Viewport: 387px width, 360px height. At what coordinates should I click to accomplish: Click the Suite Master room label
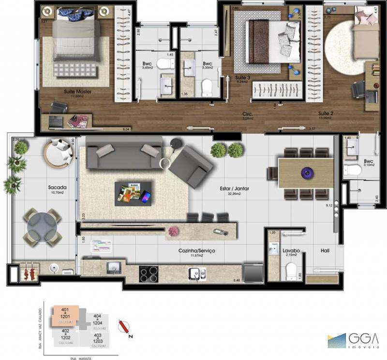[x=78, y=91]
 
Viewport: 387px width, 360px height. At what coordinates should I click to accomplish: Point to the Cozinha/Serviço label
[x=197, y=251]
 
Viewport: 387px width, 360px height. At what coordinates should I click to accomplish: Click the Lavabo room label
[x=292, y=251]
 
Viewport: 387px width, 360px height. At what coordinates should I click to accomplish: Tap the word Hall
[x=326, y=251]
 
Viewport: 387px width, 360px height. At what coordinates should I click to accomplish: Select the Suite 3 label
[x=243, y=77]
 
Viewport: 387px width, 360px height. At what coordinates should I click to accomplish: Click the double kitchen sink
[x=197, y=274]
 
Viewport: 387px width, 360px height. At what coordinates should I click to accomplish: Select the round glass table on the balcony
[x=43, y=227]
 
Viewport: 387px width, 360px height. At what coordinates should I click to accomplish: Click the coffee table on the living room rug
[x=133, y=192]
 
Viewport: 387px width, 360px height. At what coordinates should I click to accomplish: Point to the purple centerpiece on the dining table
[x=306, y=171]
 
